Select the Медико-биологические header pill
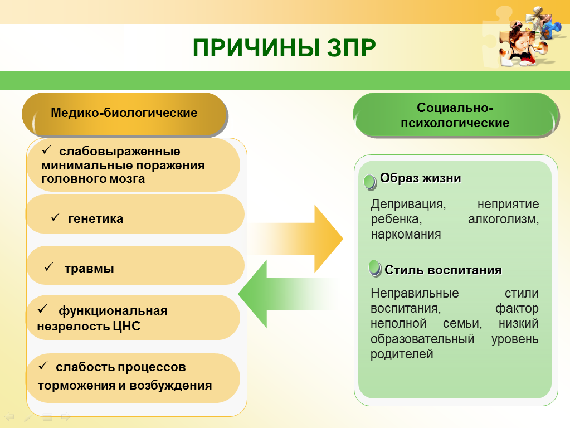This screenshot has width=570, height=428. coord(124,114)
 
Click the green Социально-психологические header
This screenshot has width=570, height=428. coord(455,115)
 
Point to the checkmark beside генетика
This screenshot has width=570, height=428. coord(55,217)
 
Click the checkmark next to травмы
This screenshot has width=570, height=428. coord(48,267)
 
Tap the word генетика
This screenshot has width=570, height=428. coord(96,219)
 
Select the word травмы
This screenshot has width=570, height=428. coord(89,269)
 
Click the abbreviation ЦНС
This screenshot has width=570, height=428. coord(126,326)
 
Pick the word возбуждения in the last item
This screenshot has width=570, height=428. coord(170,386)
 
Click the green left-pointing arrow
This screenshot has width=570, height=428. coord(289,294)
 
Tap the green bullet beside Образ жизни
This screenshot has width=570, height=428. coord(370,182)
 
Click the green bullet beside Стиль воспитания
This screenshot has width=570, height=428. coord(375,269)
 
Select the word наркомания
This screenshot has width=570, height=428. coord(406,235)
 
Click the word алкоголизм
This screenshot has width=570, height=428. coord(504,219)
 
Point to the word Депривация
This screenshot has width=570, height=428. coord(408,205)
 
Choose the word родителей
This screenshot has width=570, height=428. coord(402,354)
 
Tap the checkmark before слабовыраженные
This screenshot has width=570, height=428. coord(47,149)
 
